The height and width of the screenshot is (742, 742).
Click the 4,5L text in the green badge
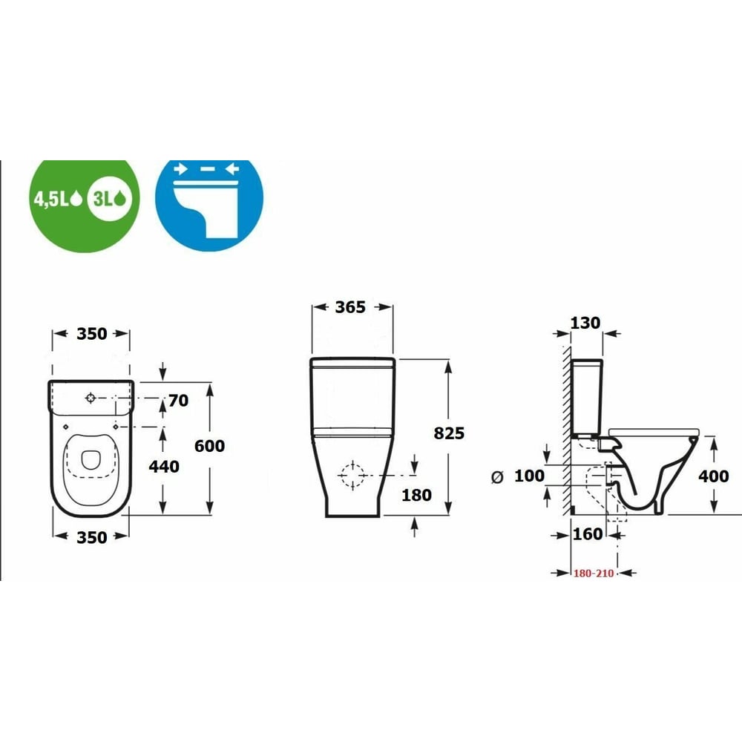[52, 199]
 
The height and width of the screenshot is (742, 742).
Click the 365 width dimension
[350, 307]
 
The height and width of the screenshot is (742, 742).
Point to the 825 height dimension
[449, 433]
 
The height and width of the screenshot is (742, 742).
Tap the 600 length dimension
[210, 446]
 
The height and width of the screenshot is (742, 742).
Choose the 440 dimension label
[164, 467]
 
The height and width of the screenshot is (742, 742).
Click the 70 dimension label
[178, 401]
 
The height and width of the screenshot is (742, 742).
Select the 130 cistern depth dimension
[585, 323]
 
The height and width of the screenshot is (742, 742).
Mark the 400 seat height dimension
[714, 476]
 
